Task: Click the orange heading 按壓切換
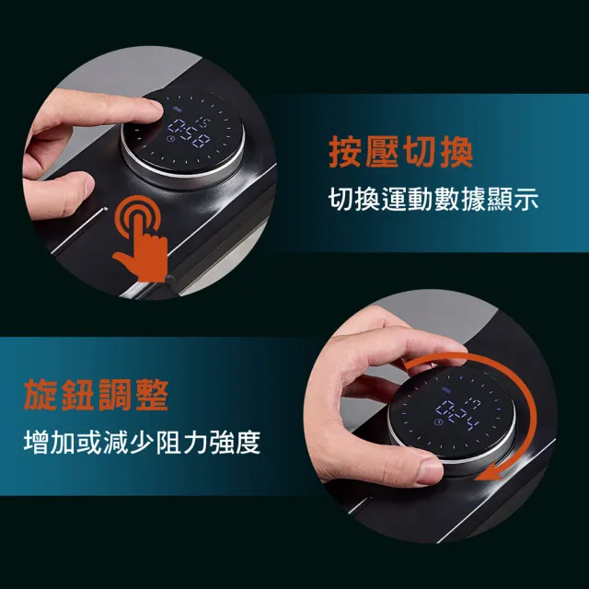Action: click(x=401, y=152)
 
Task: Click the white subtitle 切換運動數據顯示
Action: click(x=433, y=199)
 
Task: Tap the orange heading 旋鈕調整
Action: click(x=96, y=395)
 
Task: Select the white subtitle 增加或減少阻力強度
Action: click(x=142, y=442)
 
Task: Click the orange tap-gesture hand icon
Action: click(x=141, y=238)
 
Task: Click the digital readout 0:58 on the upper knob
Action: click(x=189, y=133)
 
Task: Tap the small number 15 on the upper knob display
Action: click(x=204, y=122)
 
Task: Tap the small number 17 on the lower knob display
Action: click(x=475, y=405)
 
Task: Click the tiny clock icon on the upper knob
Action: click(x=171, y=139)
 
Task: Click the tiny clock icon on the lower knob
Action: click(x=438, y=422)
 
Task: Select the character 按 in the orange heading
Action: click(x=344, y=152)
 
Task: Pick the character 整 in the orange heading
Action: click(x=152, y=395)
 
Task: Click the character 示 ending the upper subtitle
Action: click(x=525, y=199)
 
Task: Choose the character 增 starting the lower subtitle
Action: click(x=36, y=442)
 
